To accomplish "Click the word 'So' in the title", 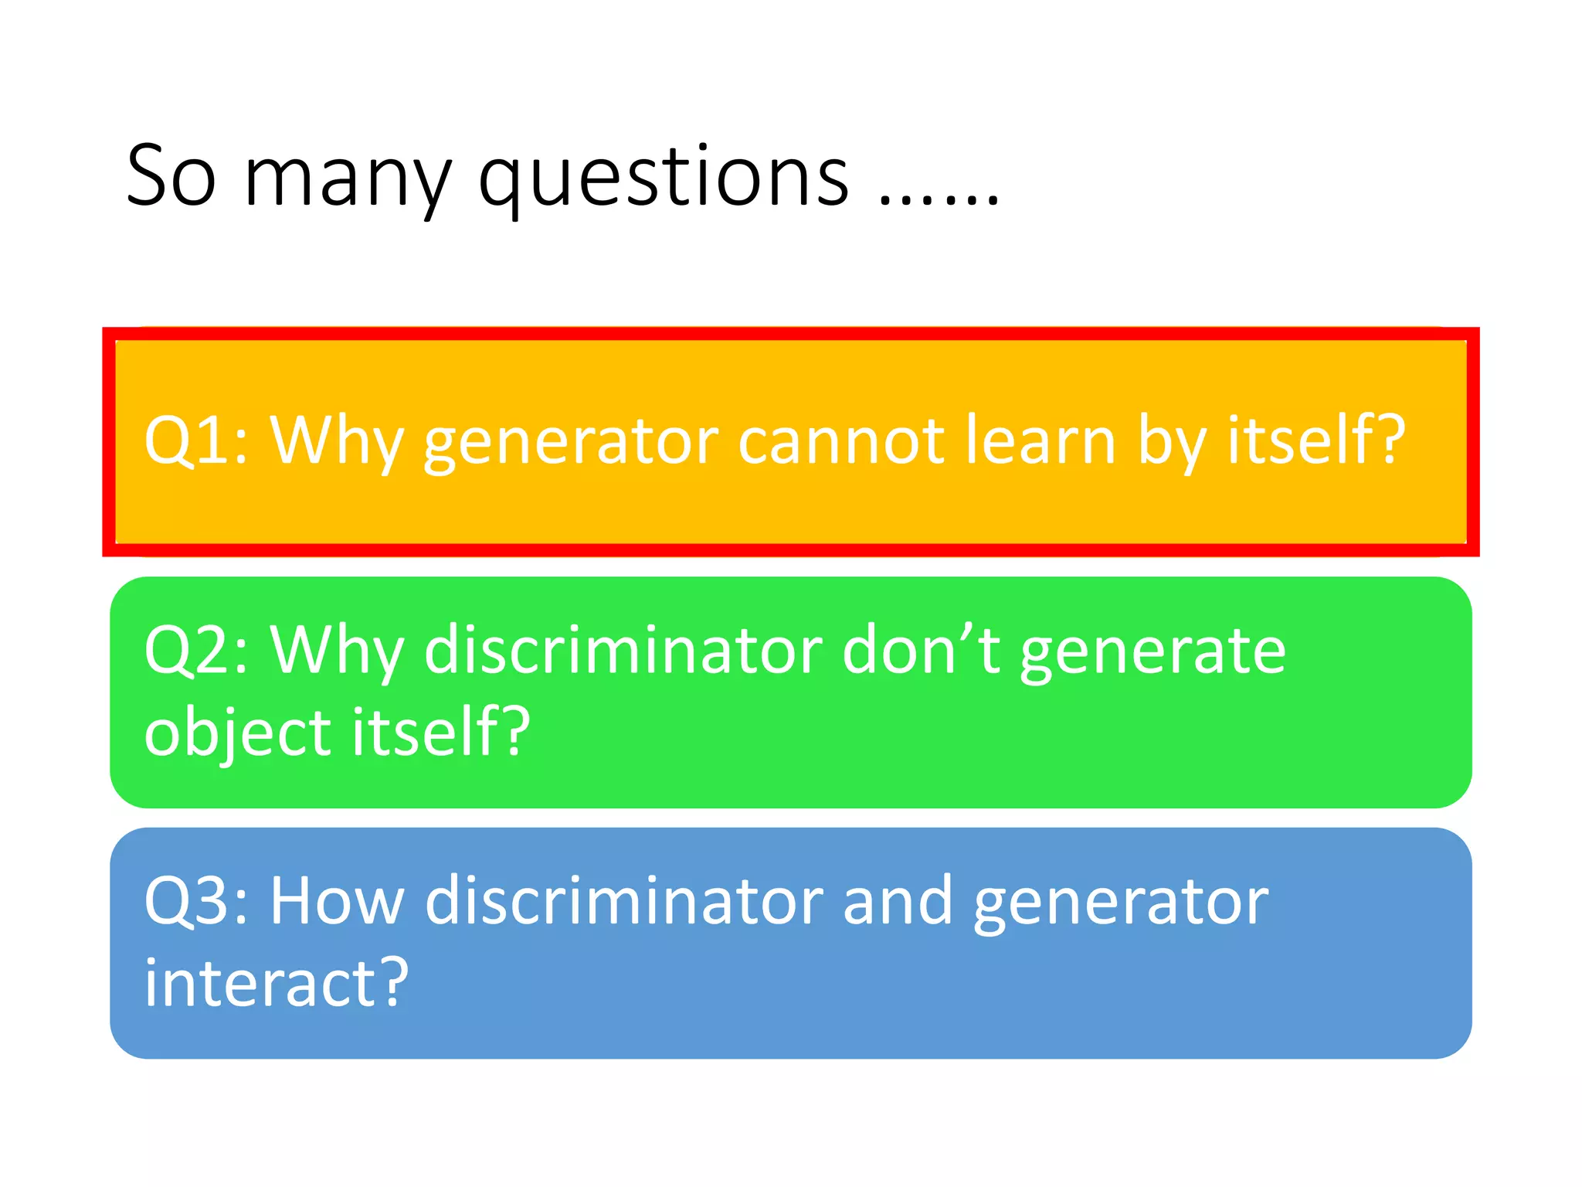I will tap(171, 178).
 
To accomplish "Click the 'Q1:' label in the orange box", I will tap(196, 440).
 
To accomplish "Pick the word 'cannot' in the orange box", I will tap(841, 442).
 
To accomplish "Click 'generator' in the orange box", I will tap(572, 444).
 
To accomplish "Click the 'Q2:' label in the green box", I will tap(196, 651).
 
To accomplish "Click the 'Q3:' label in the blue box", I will tap(196, 901).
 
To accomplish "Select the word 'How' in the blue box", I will tap(337, 901).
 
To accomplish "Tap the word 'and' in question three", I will tap(898, 901).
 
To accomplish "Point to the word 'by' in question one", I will tap(1172, 444).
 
